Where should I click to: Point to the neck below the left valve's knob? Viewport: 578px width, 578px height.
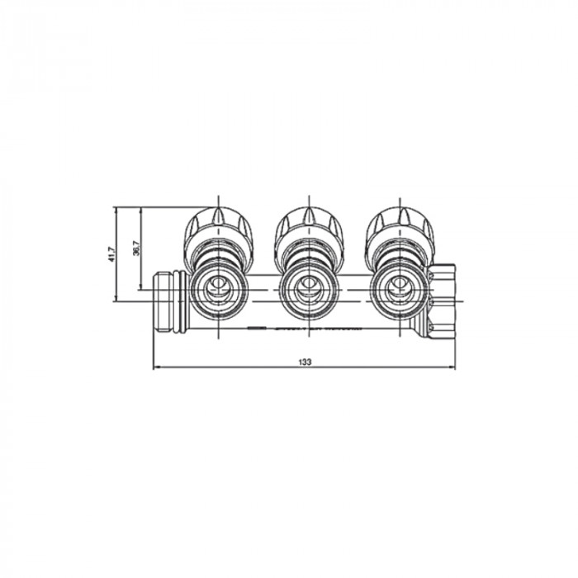click(x=217, y=252)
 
